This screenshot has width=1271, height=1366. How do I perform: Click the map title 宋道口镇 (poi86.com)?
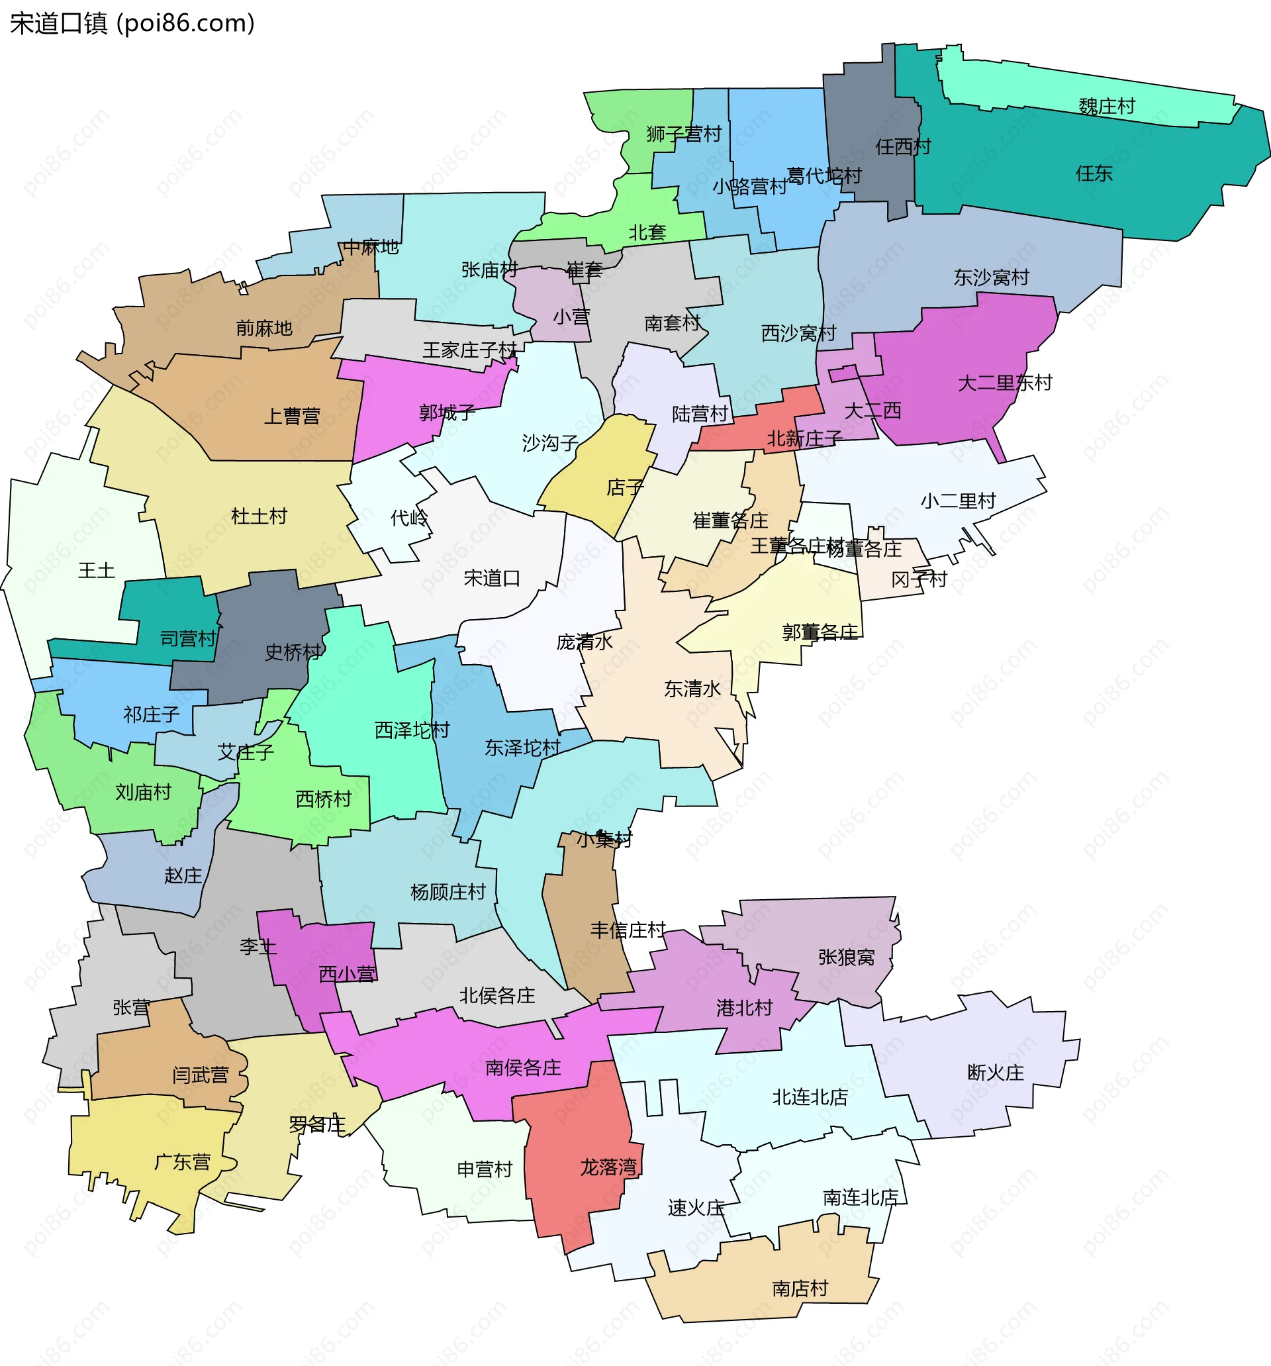point(132,23)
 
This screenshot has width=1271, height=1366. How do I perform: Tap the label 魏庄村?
point(1106,107)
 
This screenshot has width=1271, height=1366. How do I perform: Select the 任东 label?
point(1094,173)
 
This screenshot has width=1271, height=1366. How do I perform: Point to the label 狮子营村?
point(684,133)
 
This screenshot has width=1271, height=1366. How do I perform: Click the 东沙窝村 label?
point(991,277)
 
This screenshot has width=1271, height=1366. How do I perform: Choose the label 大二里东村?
point(1004,383)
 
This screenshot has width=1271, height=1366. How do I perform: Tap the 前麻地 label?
point(264,328)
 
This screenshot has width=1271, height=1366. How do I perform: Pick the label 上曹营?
point(292,416)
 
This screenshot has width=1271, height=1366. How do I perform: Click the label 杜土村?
point(258,516)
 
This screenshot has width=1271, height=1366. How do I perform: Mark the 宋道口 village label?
point(492,579)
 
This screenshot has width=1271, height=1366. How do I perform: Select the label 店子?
point(625,488)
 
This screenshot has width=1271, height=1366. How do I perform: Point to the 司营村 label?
point(187,639)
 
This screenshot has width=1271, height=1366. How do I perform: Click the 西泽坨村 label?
point(412,730)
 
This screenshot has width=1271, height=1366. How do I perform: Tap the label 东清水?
point(692,689)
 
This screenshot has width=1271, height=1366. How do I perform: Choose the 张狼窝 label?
point(847,957)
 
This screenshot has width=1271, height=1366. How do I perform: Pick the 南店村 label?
point(800,1289)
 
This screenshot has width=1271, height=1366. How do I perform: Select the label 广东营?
point(182,1162)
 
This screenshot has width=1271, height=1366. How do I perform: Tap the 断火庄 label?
point(996,1073)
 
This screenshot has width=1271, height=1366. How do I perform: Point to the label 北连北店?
point(810,1097)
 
